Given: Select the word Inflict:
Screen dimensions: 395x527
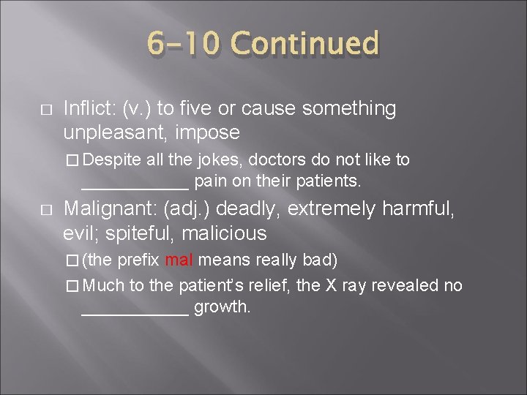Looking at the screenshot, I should pyautogui.click(x=90, y=109).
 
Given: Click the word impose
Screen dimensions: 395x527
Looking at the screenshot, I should pyautogui.click(x=213, y=132).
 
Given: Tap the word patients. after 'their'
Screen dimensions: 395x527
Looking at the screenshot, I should pyautogui.click(x=334, y=179).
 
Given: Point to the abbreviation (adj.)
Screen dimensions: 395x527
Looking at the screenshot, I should pyautogui.click(x=187, y=210).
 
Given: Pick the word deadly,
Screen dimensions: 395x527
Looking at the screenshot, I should pyautogui.click(x=253, y=210).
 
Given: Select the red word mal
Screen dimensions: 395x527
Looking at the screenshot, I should pyautogui.click(x=179, y=260).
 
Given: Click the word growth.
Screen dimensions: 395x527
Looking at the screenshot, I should pyautogui.click(x=223, y=307).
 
